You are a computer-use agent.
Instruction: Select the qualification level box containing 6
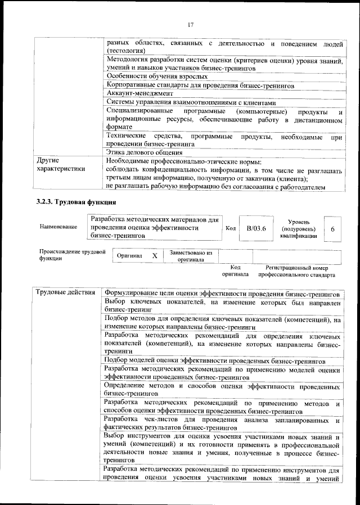click(x=332, y=229)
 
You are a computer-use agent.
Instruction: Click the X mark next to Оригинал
click(x=154, y=255)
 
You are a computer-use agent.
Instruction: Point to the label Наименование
click(x=58, y=227)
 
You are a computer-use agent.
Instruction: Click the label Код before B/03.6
click(x=230, y=228)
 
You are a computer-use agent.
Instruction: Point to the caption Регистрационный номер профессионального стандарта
click(x=296, y=272)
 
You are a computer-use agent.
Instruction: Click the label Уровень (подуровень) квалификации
click(x=298, y=229)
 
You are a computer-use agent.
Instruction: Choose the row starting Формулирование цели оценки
click(x=222, y=294)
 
